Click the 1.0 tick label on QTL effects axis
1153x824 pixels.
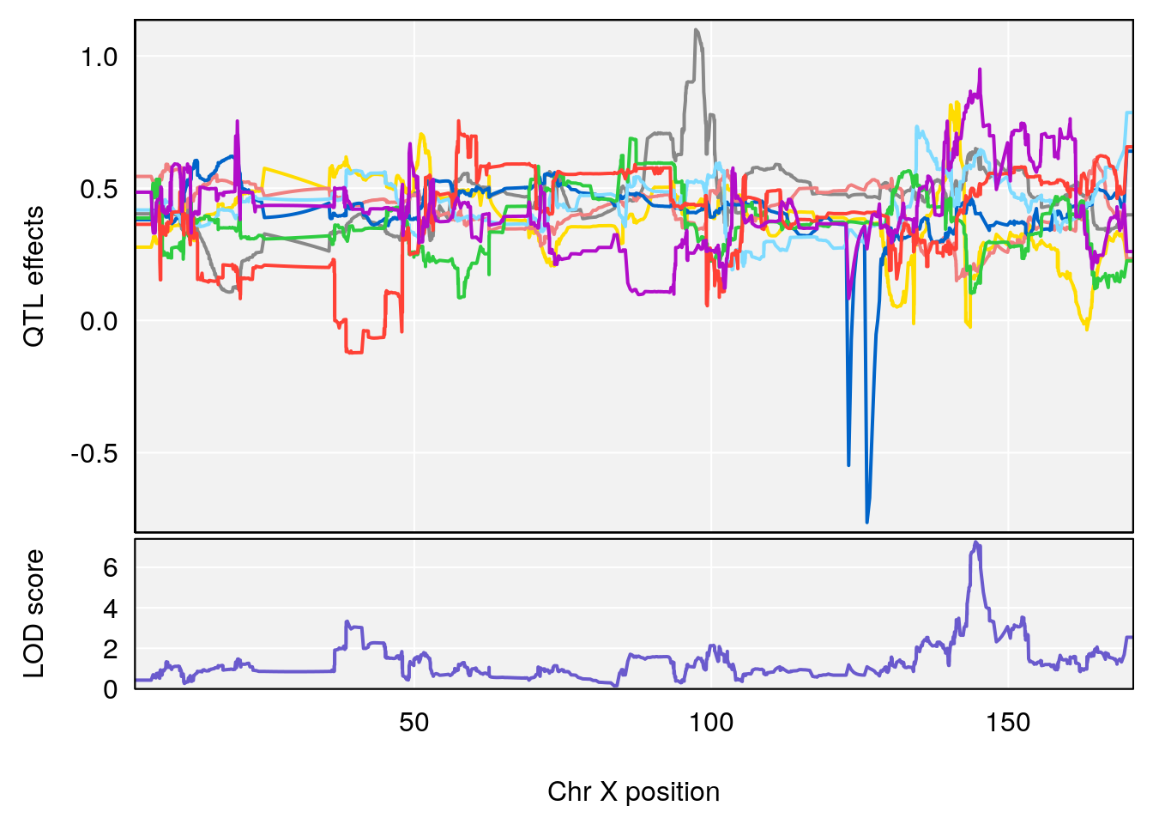pyautogui.click(x=99, y=58)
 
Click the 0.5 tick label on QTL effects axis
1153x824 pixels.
pyautogui.click(x=99, y=189)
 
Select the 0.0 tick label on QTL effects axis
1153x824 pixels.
pyautogui.click(x=99, y=321)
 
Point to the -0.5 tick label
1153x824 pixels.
pyautogui.click(x=94, y=453)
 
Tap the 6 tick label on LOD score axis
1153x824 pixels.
pyautogui.click(x=111, y=567)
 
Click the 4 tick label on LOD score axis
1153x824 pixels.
pyautogui.click(x=111, y=609)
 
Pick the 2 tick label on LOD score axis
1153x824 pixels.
pyautogui.click(x=111, y=649)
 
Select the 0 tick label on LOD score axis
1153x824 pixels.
pyautogui.click(x=111, y=689)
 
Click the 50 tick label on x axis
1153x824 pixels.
pyautogui.click(x=414, y=723)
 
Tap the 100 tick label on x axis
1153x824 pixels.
pyautogui.click(x=711, y=723)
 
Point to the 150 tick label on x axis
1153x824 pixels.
pyautogui.click(x=1008, y=723)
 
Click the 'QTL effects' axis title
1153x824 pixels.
pyautogui.click(x=33, y=276)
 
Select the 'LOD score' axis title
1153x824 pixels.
pyautogui.click(x=33, y=614)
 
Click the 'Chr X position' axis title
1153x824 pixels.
pyautogui.click(x=633, y=791)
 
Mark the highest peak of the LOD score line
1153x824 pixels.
pyautogui.click(x=975, y=542)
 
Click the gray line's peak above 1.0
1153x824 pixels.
pyautogui.click(x=696, y=30)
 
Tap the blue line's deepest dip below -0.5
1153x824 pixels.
pyautogui.click(x=866, y=522)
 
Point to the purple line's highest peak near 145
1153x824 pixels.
pyautogui.click(x=979, y=70)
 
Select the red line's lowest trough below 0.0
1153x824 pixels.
pyautogui.click(x=353, y=352)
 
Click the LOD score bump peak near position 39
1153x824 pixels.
pyautogui.click(x=347, y=621)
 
